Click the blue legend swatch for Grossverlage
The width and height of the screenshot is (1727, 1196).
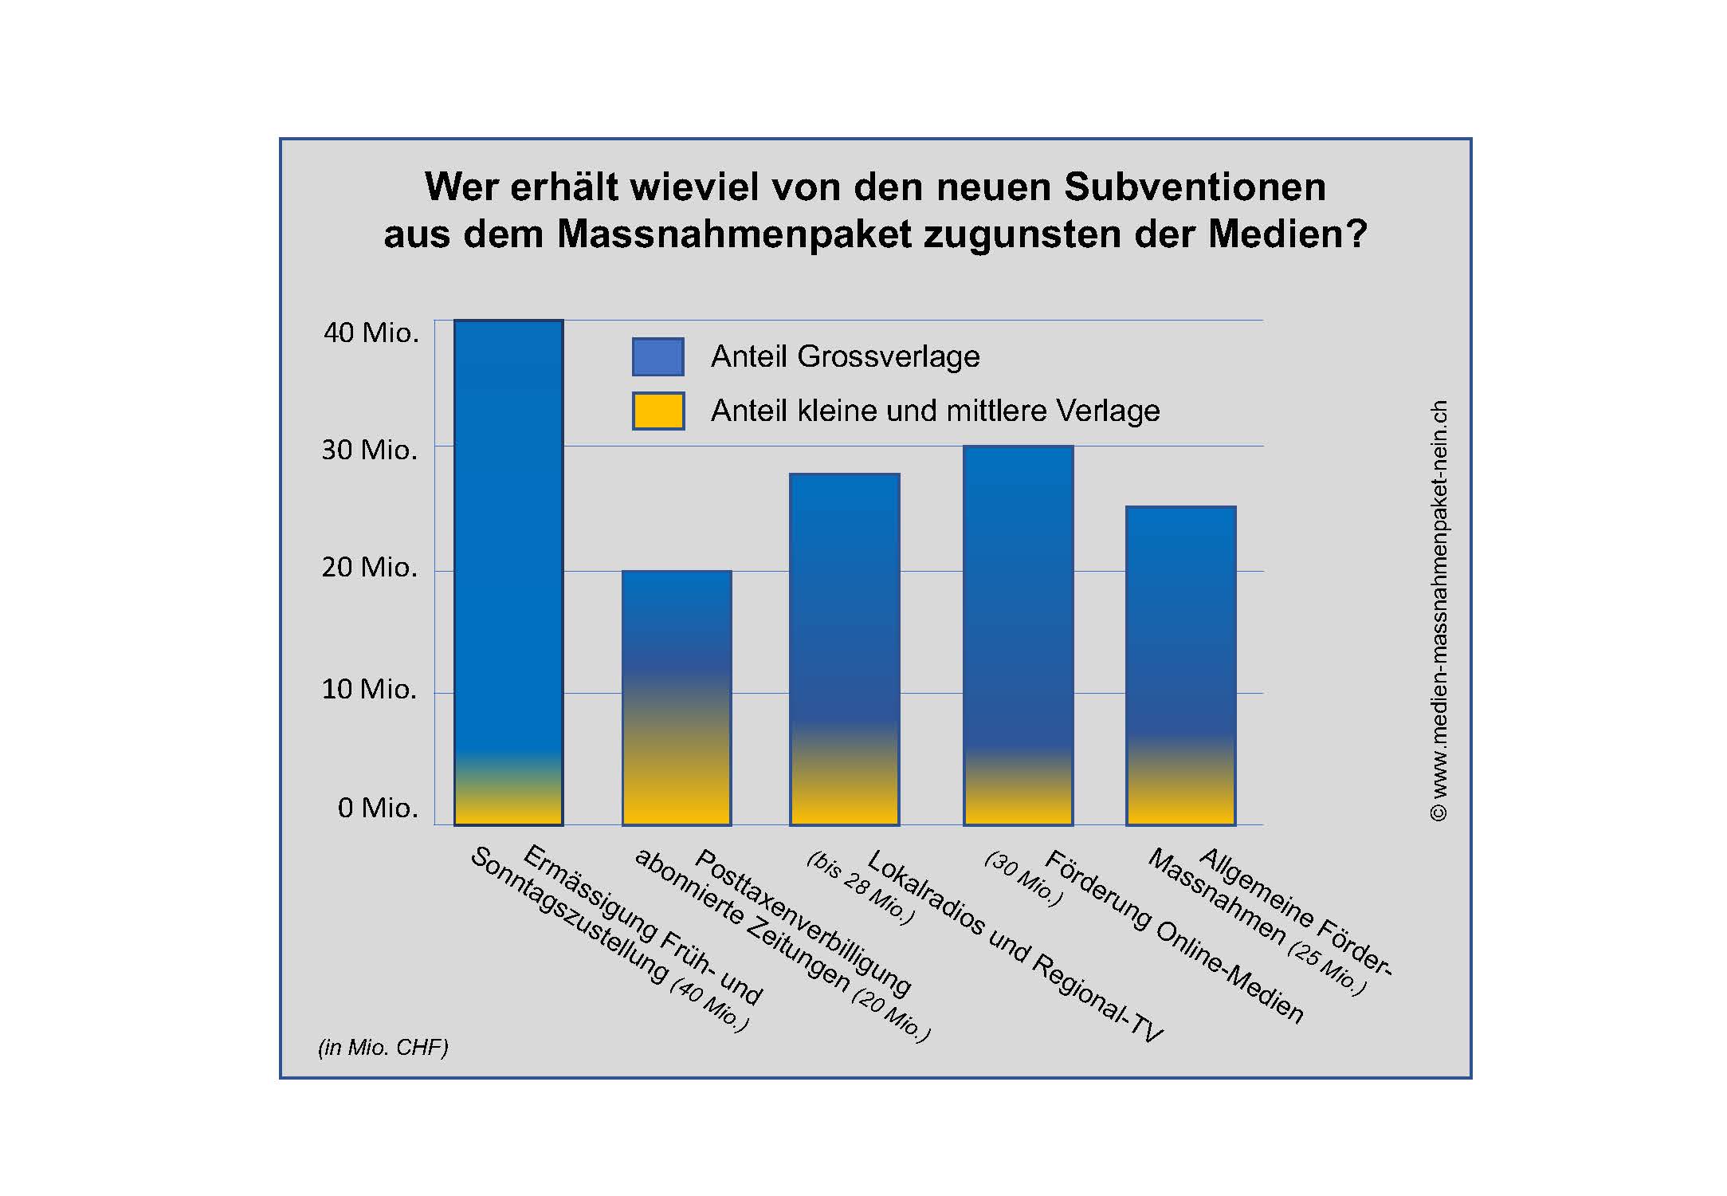657,356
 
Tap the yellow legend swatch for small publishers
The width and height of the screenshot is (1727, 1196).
657,411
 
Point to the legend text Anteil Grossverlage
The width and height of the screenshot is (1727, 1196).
845,356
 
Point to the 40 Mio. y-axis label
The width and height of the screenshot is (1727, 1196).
371,332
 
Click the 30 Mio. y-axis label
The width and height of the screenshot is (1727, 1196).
369,450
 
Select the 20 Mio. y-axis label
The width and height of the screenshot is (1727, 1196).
369,567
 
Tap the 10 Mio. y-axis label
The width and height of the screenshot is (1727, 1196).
369,689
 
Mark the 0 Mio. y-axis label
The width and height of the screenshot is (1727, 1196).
378,808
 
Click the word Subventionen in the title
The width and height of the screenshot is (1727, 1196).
1195,187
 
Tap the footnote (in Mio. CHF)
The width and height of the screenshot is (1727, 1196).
383,1047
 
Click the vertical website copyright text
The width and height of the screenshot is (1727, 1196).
1439,610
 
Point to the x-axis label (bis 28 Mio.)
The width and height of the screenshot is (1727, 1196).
861,887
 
